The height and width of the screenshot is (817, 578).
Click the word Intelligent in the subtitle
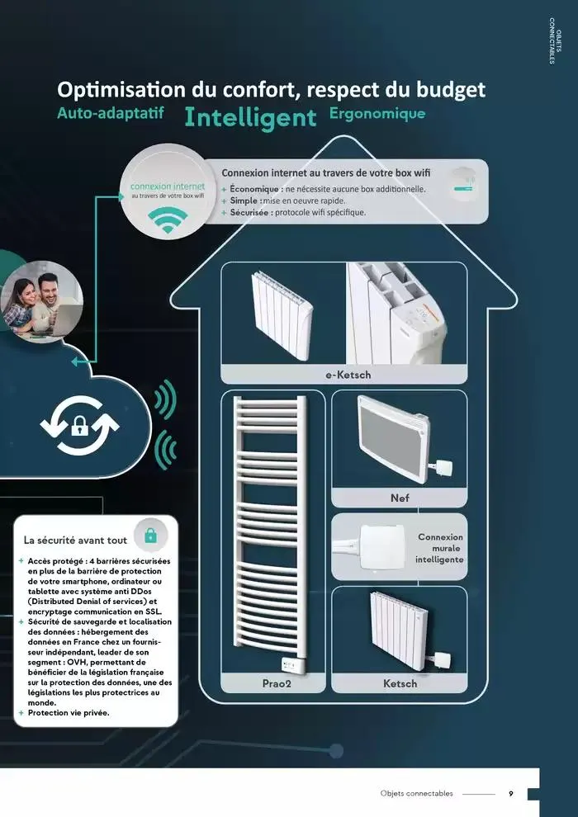click(250, 118)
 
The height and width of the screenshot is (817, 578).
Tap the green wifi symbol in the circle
click(168, 220)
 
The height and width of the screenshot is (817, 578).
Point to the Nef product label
click(400, 498)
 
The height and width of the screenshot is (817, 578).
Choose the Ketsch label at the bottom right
click(400, 683)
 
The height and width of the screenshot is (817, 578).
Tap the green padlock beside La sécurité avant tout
click(150, 535)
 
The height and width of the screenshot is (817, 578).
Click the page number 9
click(511, 794)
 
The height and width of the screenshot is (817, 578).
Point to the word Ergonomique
click(377, 114)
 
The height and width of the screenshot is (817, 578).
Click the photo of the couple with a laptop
click(41, 302)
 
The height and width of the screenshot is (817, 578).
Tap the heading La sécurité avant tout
click(76, 541)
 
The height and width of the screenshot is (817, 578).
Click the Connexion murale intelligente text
click(439, 548)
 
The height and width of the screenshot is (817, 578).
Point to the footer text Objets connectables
click(416, 794)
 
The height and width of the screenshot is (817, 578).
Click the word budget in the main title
click(451, 90)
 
